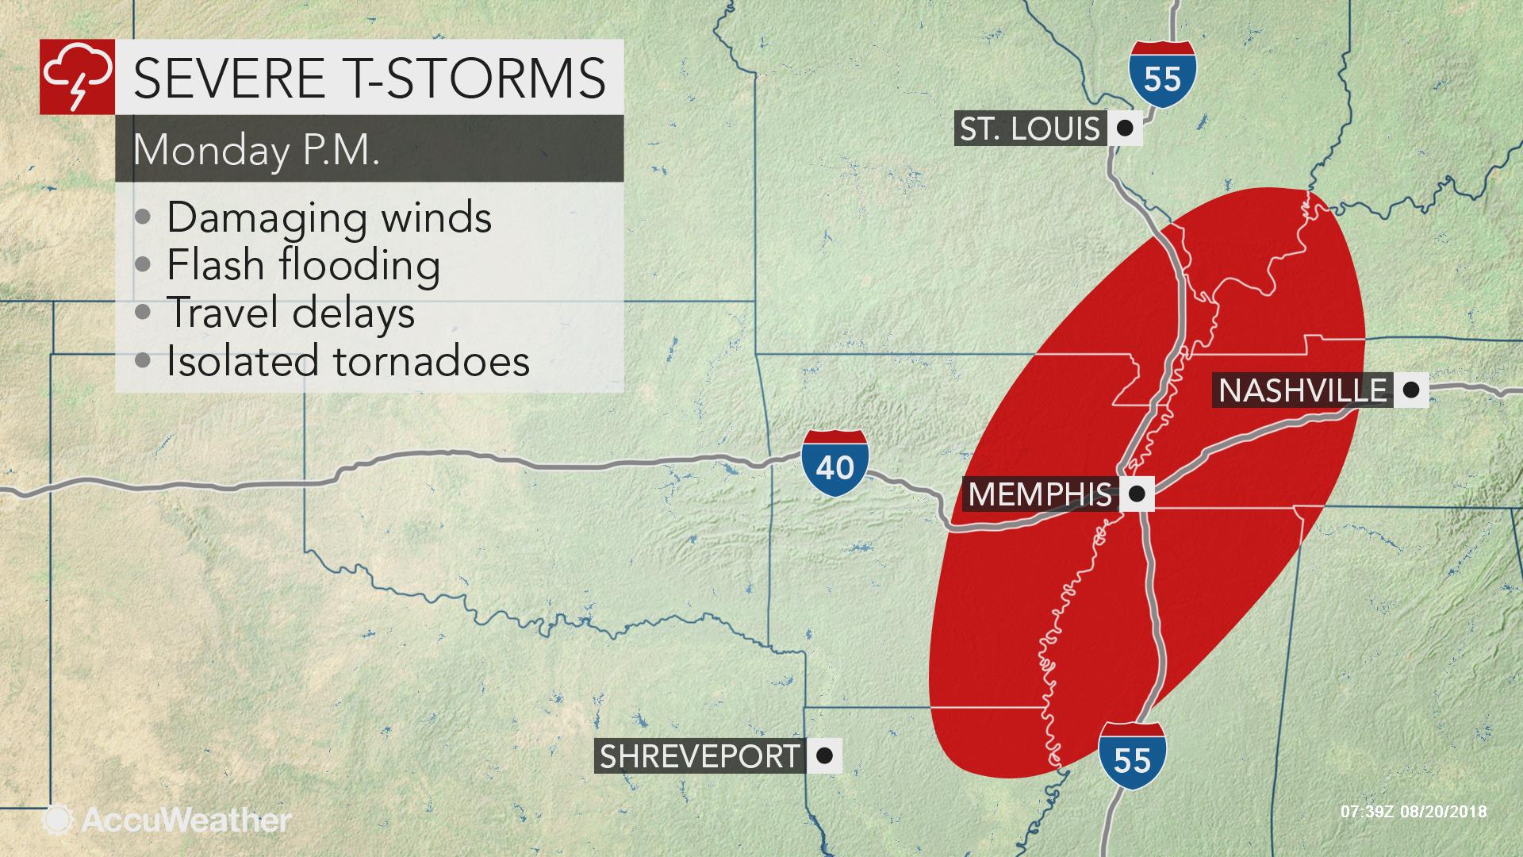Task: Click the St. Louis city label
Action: [x=1030, y=129]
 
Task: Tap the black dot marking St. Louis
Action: [x=1124, y=129]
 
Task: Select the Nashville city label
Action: [x=1302, y=390]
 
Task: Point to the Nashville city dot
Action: [x=1410, y=390]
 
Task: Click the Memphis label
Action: [x=1039, y=494]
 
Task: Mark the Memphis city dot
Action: [x=1136, y=494]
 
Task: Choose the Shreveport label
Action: [x=699, y=756]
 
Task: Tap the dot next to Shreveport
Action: [x=824, y=756]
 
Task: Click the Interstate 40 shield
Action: [x=834, y=463]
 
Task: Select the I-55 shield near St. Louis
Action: [x=1162, y=75]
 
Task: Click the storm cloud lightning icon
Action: [x=77, y=77]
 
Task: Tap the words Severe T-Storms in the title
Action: [x=370, y=77]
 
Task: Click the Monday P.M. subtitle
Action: [x=256, y=149]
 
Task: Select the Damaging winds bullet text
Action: [x=328, y=217]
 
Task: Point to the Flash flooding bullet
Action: [x=303, y=265]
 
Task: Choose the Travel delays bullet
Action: [x=290, y=313]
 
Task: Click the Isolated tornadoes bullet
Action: [x=347, y=360]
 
